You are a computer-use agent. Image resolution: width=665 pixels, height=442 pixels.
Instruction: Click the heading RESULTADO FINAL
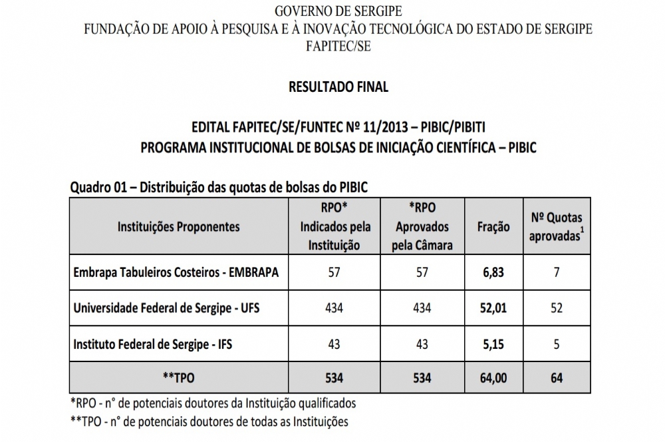coord(338,87)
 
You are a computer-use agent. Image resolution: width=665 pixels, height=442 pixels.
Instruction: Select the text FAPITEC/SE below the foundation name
coord(338,46)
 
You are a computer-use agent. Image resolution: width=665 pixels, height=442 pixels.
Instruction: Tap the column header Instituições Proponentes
coord(179,227)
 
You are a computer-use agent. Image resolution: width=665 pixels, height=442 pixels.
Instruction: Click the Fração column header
coord(493,227)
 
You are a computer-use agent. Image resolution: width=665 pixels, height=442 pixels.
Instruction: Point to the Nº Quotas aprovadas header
coord(556,227)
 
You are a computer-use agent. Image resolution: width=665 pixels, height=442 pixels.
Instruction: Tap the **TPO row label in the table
coord(178,377)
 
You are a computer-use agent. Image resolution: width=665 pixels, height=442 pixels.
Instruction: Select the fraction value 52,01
coord(493,308)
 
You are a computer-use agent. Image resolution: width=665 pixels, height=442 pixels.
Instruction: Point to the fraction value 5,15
coord(493,344)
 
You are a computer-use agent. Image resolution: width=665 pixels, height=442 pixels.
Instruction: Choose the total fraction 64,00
coord(493,377)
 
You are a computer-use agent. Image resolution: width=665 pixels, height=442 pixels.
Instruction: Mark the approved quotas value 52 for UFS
coord(556,308)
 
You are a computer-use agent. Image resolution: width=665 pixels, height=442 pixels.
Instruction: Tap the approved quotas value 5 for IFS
coord(556,344)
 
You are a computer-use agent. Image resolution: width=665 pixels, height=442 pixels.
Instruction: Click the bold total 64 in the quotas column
coord(556,377)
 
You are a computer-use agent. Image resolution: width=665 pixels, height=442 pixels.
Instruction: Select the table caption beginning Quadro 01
coord(219,188)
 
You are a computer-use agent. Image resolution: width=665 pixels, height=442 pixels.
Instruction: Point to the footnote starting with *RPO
coord(213,403)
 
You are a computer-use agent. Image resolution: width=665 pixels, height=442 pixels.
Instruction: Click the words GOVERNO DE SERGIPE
coord(338,12)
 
